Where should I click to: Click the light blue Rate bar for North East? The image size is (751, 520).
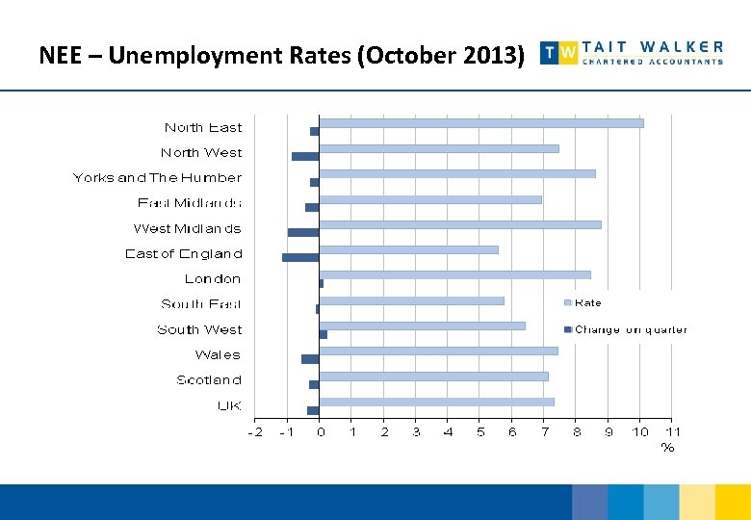[481, 122]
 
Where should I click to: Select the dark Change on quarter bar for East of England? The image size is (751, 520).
[300, 257]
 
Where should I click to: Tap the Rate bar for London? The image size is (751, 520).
[454, 274]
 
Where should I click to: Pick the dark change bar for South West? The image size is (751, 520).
[324, 334]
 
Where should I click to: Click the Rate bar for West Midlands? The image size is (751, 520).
[460, 224]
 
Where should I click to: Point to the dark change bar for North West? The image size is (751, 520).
[305, 156]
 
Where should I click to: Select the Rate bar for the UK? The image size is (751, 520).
[437, 402]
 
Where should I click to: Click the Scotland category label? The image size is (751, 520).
[209, 380]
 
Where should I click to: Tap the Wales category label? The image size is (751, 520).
[218, 355]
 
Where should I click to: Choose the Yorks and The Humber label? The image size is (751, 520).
[157, 178]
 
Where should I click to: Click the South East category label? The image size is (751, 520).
[201, 304]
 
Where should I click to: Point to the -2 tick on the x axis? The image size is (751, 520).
[255, 432]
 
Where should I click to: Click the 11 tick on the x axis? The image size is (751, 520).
[673, 432]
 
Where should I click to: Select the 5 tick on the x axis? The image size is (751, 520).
[480, 432]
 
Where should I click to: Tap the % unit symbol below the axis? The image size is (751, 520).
[667, 447]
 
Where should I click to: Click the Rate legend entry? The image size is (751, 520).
[586, 303]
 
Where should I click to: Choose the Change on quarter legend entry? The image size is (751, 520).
[630, 329]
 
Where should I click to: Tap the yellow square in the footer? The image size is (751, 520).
[733, 502]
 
